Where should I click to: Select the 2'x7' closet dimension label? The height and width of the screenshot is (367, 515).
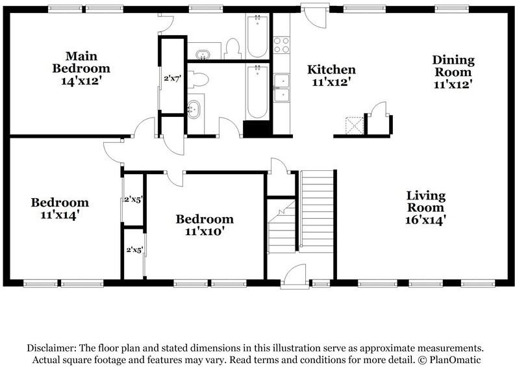pos(171,79)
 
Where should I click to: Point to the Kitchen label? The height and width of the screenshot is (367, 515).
pos(331,70)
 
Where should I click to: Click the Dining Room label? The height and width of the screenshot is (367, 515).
pos(453,66)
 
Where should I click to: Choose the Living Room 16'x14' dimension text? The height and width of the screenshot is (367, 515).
pos(425,220)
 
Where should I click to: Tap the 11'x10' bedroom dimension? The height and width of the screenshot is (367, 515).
pos(205,231)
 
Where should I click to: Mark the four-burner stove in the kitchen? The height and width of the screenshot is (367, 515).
pos(282,45)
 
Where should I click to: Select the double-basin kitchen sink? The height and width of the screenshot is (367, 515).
pos(282,88)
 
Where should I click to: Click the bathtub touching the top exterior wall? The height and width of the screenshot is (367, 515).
pos(257,35)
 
